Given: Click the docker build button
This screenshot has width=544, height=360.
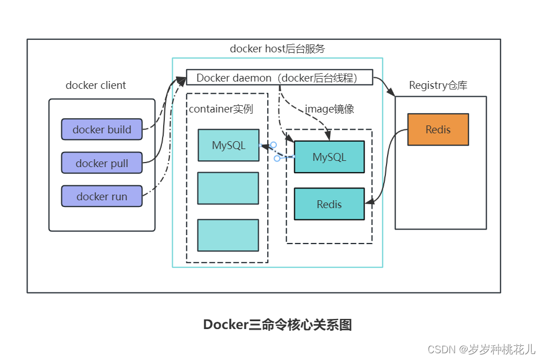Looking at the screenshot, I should tap(102, 129).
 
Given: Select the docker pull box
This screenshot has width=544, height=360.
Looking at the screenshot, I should tap(102, 163).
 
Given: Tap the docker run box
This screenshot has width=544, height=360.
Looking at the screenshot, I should tap(102, 196).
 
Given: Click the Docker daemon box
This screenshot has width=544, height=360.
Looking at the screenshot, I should tap(280, 78).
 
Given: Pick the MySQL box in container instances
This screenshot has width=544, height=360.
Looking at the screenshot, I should tap(228, 145).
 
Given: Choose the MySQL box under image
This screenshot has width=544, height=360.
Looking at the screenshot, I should tap(329, 157).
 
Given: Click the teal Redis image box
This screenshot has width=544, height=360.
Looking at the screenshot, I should tap(329, 204).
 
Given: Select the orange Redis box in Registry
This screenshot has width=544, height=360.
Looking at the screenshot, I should tap(438, 130).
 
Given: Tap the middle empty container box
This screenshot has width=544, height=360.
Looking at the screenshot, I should tap(228, 188).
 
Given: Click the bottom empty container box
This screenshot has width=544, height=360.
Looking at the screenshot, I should tap(228, 235).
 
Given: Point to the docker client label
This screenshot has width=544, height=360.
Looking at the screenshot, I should tap(96, 85).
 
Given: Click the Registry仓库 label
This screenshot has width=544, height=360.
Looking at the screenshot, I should tap(438, 85).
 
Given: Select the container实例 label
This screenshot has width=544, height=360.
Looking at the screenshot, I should tap(221, 109).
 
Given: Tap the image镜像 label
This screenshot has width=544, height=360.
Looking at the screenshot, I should tap(330, 109).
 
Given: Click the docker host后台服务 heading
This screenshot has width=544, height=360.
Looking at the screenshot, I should tap(277, 49).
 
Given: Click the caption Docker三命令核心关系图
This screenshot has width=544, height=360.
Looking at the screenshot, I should tap(277, 325).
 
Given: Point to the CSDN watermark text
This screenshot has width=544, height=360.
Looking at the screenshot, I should tap(481, 349).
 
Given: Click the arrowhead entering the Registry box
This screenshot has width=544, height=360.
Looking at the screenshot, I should tap(392, 93).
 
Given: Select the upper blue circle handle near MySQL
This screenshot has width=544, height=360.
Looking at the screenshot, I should tap(273, 145).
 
